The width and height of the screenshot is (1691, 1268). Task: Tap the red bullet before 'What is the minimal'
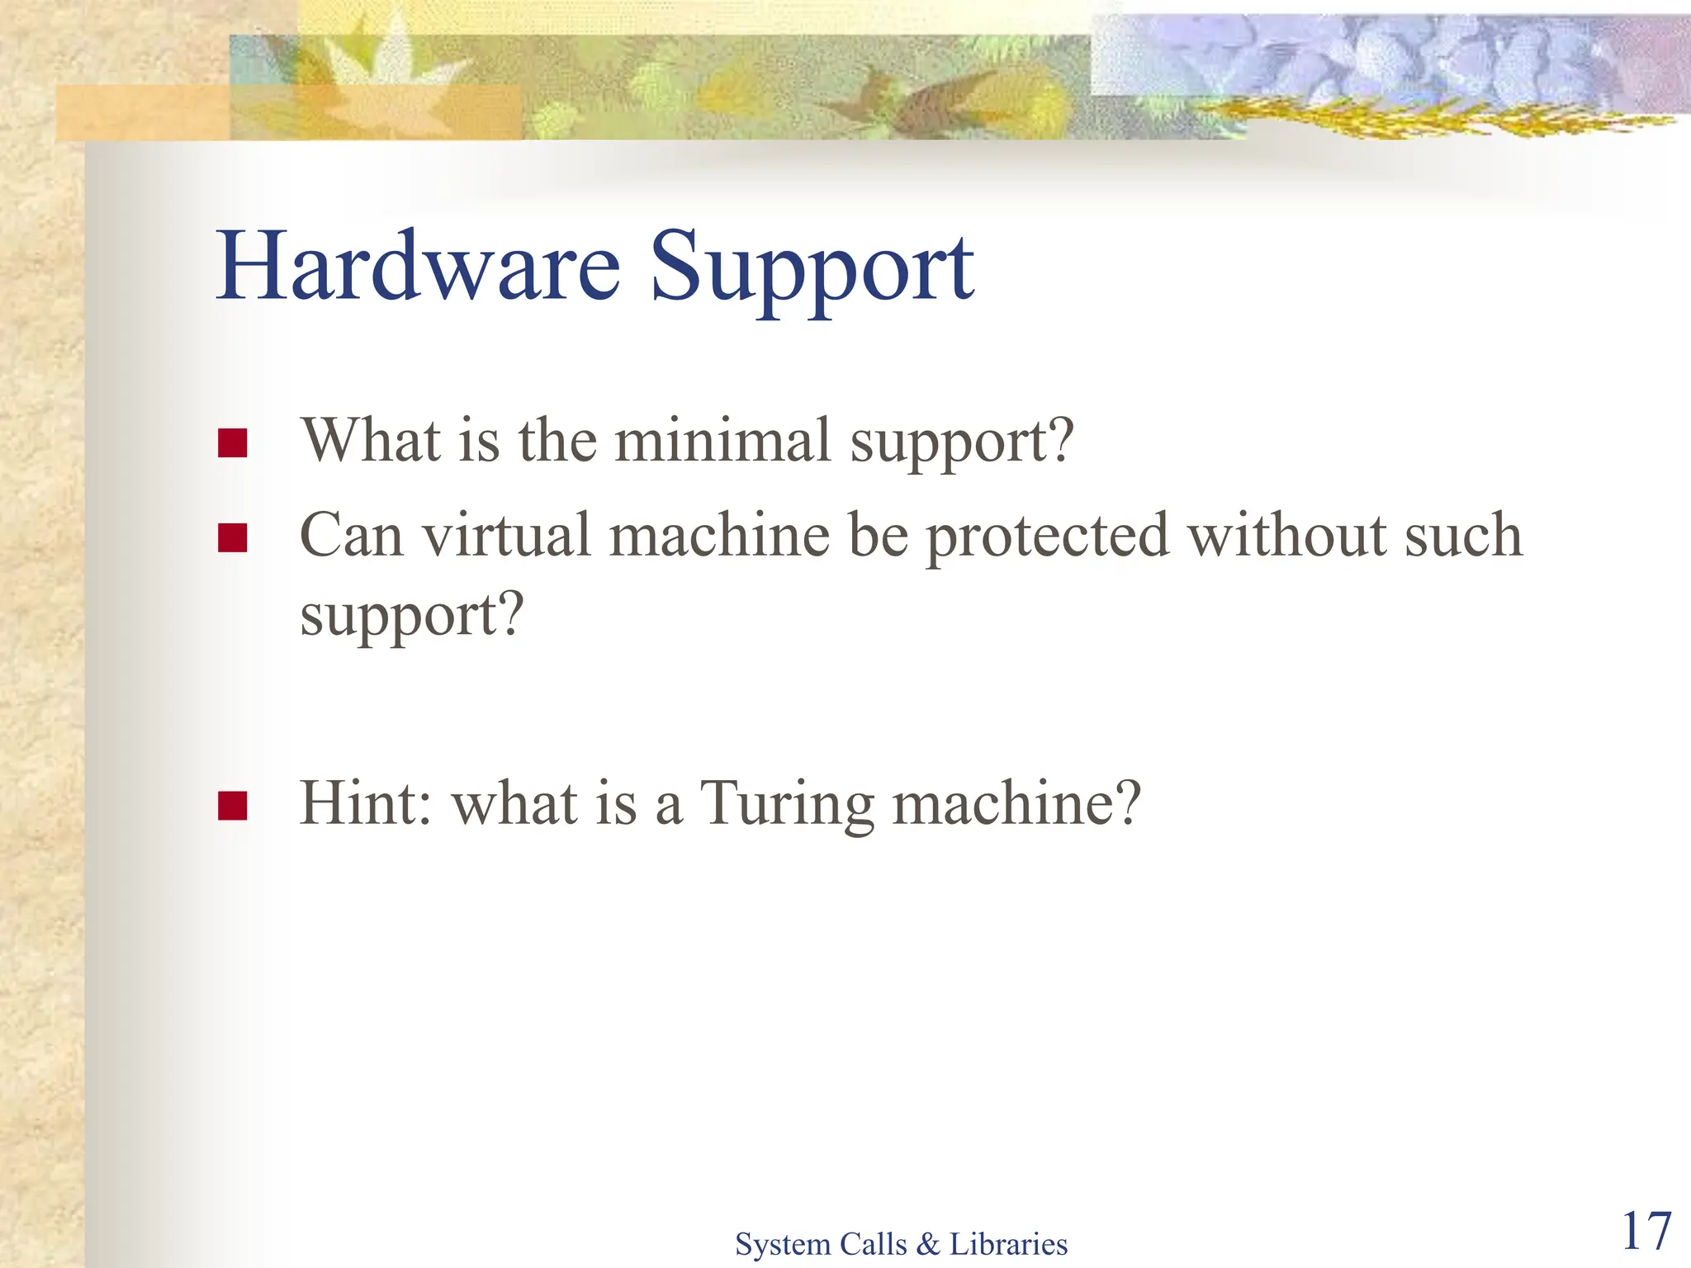(x=233, y=443)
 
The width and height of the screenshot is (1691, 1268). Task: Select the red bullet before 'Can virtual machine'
(x=233, y=538)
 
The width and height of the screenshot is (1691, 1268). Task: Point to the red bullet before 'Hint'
(x=233, y=806)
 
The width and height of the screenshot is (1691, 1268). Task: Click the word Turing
(x=787, y=804)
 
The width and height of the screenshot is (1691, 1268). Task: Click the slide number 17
(x=1646, y=1232)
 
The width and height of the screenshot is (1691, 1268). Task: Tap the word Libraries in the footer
(x=1008, y=1244)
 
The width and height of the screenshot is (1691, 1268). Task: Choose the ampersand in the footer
(x=928, y=1244)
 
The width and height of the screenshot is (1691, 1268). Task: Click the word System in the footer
(x=783, y=1244)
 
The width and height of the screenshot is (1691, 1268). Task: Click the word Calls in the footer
(x=873, y=1244)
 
